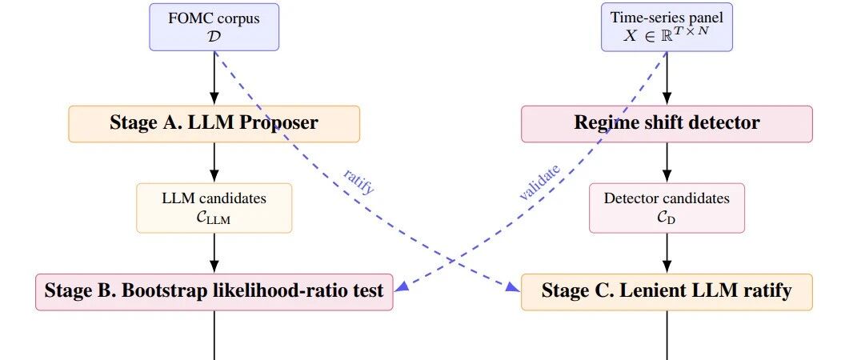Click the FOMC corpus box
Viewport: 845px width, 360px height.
(214, 27)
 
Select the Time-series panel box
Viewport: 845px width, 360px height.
(667, 27)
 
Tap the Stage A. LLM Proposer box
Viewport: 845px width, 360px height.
(214, 124)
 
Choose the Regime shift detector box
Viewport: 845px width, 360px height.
(667, 124)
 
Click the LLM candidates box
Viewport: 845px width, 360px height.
(214, 208)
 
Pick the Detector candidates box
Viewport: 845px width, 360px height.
(667, 208)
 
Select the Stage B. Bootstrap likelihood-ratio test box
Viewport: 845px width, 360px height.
(214, 292)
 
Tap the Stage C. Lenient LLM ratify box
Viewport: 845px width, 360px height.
(667, 292)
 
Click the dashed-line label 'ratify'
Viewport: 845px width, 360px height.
(358, 181)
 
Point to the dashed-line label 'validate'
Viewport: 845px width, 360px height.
(539, 182)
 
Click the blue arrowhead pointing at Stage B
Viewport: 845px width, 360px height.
(402, 287)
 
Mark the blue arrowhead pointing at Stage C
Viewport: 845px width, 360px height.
(512, 286)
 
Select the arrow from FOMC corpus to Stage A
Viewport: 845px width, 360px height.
(214, 78)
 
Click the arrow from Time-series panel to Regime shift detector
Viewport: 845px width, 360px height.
(667, 78)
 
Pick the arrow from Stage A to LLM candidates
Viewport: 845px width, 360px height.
(214, 162)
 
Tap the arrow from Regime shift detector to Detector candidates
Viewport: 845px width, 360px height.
(667, 162)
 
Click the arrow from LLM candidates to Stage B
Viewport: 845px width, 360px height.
(214, 254)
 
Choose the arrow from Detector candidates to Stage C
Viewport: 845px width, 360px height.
(667, 254)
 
